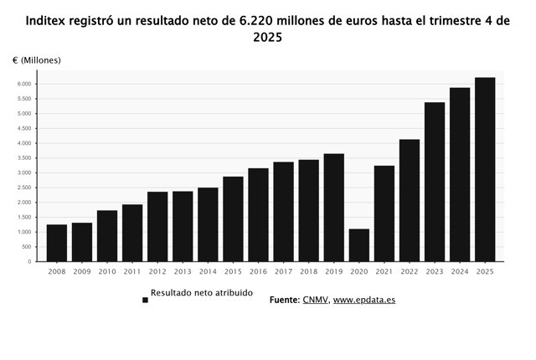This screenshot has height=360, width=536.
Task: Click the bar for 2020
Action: (358, 245)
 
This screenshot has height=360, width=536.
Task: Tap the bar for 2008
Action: (56, 243)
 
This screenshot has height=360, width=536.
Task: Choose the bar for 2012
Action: (157, 226)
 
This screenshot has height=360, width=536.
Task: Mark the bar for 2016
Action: (258, 214)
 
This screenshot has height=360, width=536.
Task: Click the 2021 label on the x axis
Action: (384, 271)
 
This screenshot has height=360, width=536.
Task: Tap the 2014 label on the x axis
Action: (208, 271)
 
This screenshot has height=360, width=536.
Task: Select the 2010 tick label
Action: (106, 271)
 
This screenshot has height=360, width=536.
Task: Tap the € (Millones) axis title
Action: (36, 60)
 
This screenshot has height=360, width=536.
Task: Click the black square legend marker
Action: (145, 300)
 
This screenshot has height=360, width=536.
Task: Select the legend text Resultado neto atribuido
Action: (201, 294)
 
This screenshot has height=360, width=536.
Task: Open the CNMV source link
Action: (314, 299)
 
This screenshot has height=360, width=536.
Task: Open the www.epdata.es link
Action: (363, 299)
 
